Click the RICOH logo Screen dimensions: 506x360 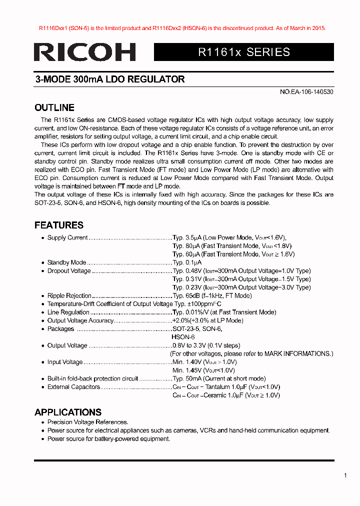coord(85,52)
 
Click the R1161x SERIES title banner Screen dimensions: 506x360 coord(244,52)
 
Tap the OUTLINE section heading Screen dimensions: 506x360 coord(54,107)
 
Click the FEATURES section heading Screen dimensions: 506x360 coord(59,225)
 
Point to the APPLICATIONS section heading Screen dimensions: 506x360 coord(68,412)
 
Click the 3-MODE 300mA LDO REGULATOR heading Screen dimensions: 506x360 coord(110,79)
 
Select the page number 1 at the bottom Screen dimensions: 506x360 coord(345,475)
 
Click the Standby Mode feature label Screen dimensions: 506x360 coord(66,262)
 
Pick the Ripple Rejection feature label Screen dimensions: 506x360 coord(69,295)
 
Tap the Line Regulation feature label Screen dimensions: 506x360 coord(68,312)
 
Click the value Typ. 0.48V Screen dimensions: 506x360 coord(187,271)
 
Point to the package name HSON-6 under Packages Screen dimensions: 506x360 coord(183,337)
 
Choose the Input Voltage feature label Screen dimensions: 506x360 coord(65,362)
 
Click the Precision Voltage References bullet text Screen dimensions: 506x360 coord(87,422)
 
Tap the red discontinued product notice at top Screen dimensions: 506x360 coord(182,28)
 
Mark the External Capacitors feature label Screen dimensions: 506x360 coord(73,387)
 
